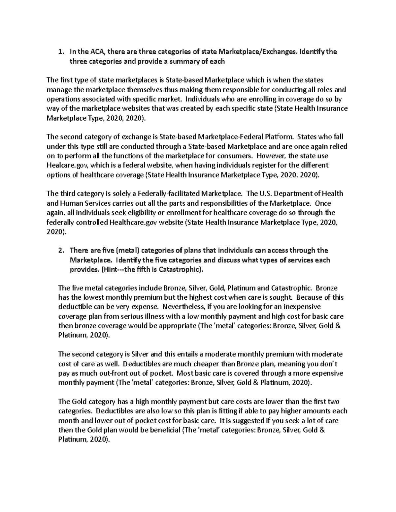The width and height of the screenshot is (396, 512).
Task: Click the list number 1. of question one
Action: coord(60,52)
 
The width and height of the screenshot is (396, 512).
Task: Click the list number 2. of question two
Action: coord(60,251)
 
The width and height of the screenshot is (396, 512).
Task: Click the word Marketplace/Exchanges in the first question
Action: coord(255,52)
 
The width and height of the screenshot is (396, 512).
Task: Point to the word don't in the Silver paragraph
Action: coord(327,364)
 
